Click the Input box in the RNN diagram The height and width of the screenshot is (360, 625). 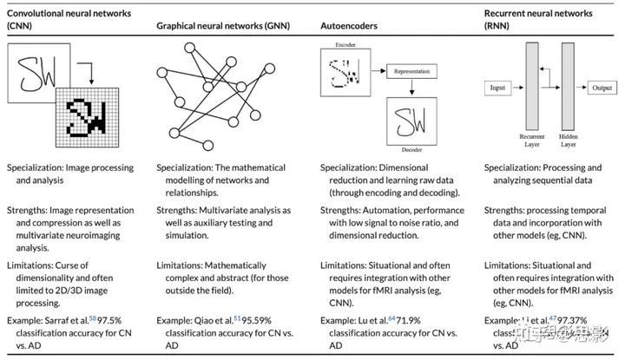pos(497,88)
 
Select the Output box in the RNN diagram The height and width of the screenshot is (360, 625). pos(602,88)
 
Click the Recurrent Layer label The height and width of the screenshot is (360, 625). pos(531,140)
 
